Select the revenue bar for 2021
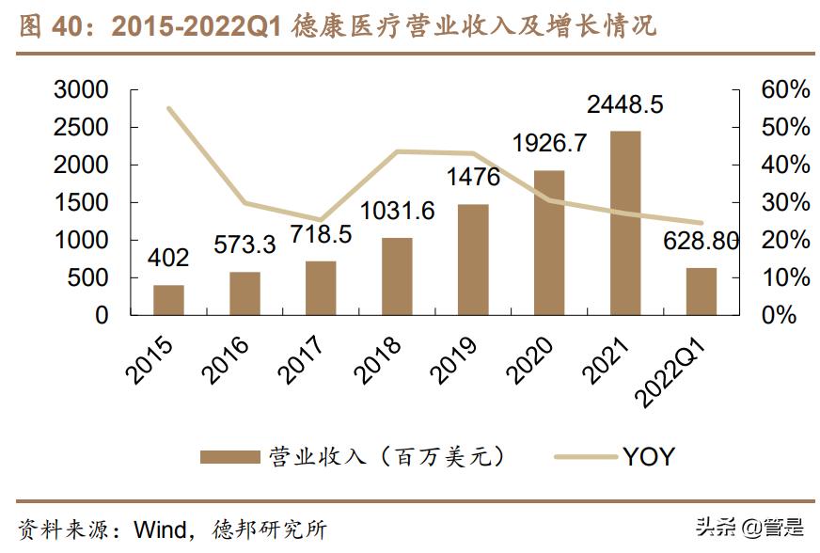[625, 223]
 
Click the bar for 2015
[169, 300]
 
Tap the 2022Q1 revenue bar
[702, 292]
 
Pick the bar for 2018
[398, 276]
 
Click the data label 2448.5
[624, 103]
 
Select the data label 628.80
[702, 241]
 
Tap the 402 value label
[169, 258]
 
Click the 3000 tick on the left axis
[82, 90]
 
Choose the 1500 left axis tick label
[82, 203]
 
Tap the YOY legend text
[647, 457]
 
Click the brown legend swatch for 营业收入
[229, 457]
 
